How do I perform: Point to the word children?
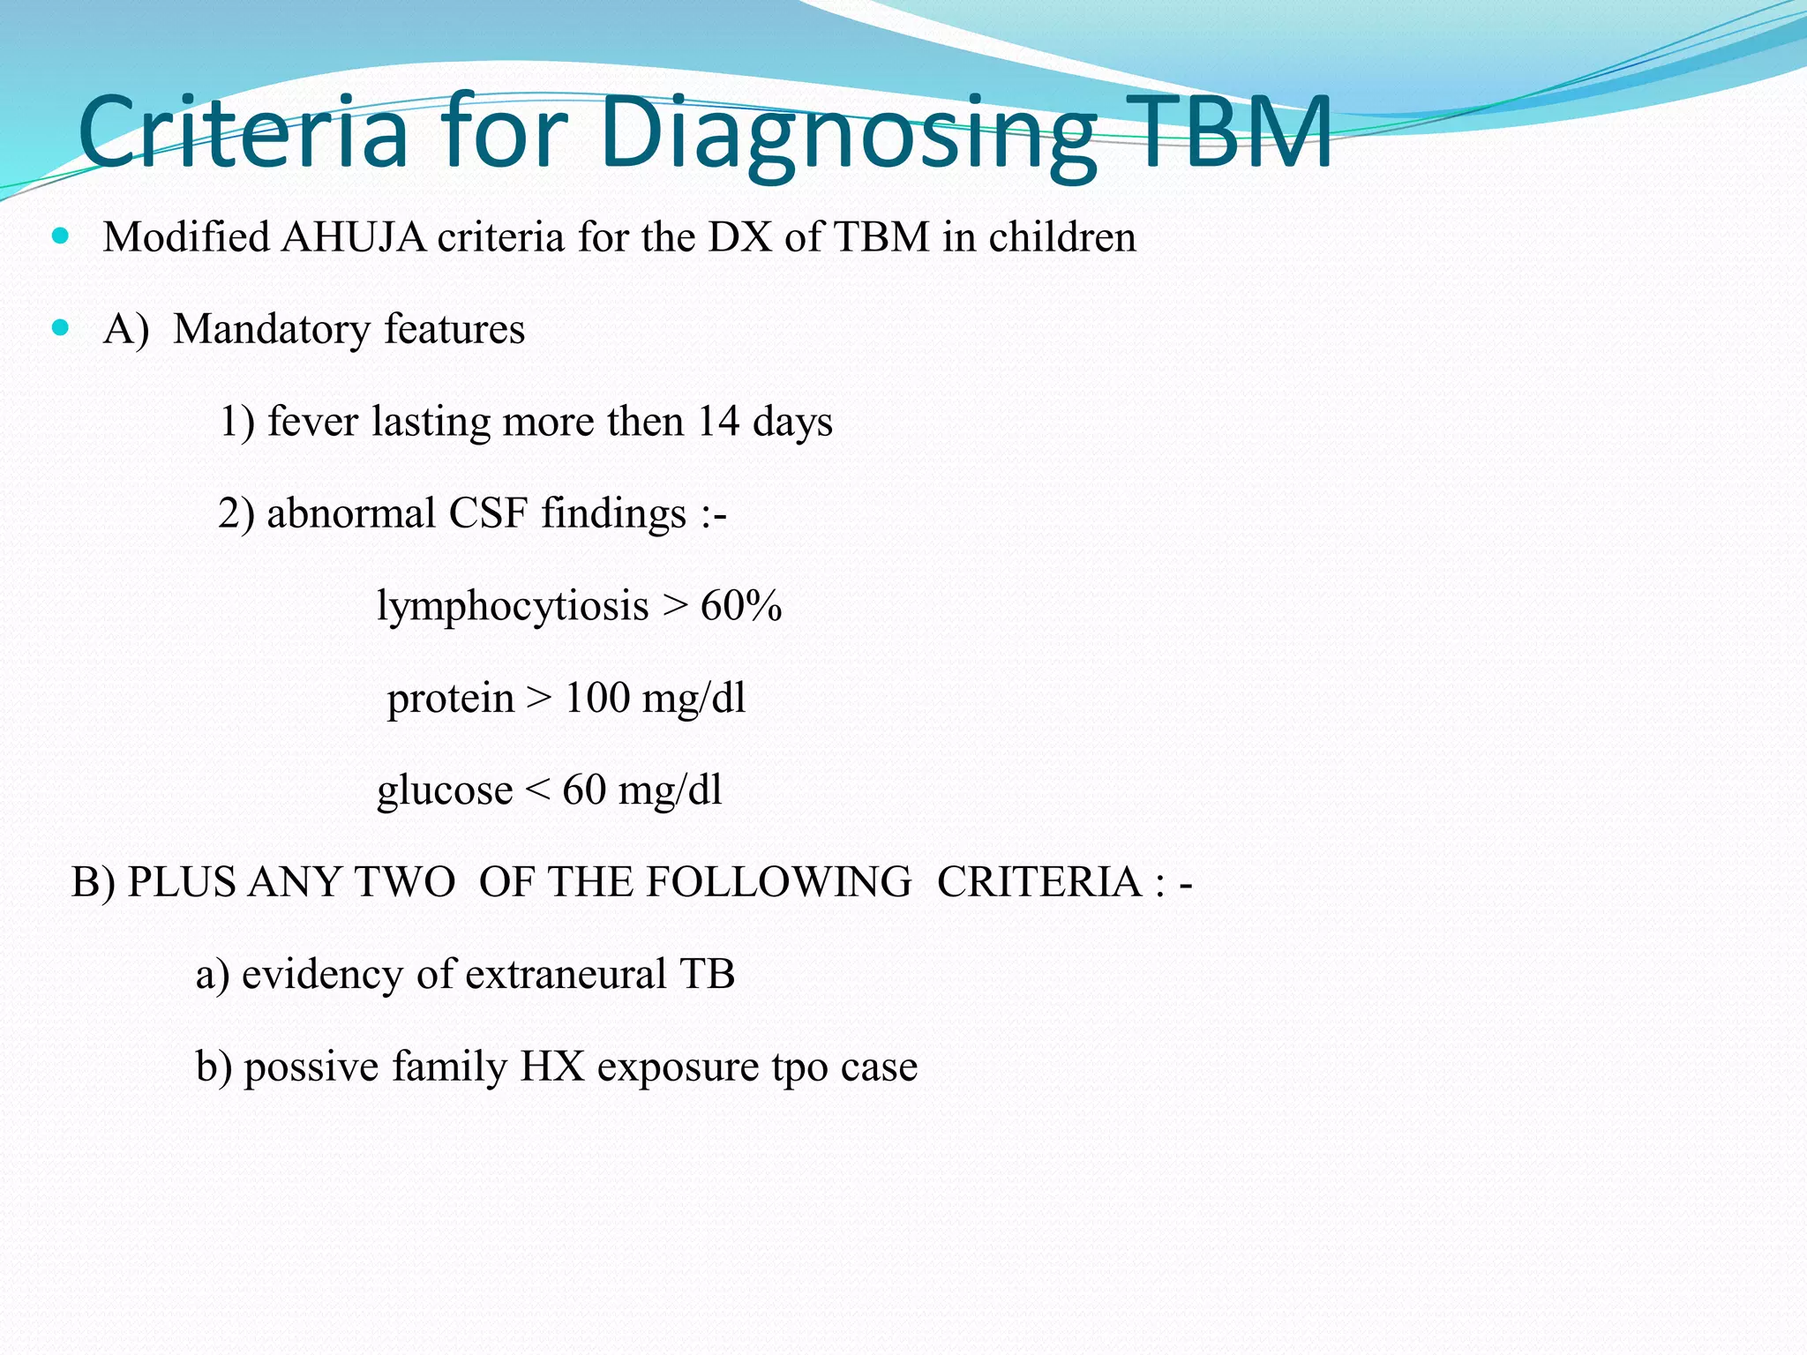(1061, 237)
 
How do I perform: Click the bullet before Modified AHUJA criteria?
(60, 236)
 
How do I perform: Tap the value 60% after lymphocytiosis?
(741, 606)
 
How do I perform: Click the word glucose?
(445, 790)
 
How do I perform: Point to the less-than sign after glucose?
(537, 790)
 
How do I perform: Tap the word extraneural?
(566, 975)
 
